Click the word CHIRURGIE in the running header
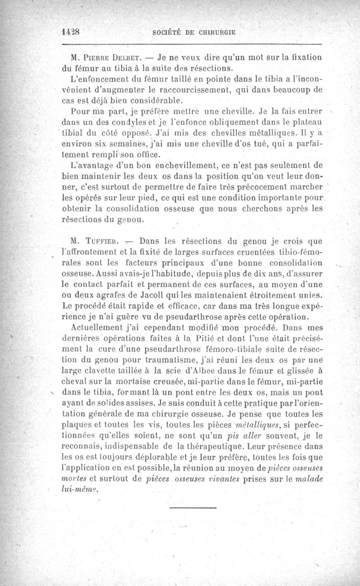pyautogui.click(x=217, y=32)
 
